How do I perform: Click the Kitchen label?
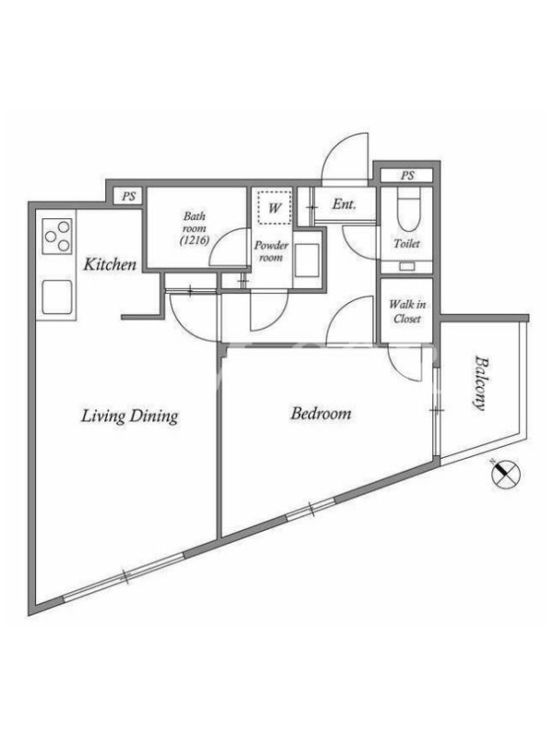pyautogui.click(x=110, y=264)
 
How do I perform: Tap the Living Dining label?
pyautogui.click(x=130, y=416)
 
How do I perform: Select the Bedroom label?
pyautogui.click(x=321, y=414)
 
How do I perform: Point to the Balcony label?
pyautogui.click(x=479, y=383)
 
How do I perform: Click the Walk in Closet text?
pyautogui.click(x=406, y=311)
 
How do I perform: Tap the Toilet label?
pyautogui.click(x=406, y=243)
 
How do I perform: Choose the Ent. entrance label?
pyautogui.click(x=344, y=205)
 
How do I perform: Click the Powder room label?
pyautogui.click(x=271, y=252)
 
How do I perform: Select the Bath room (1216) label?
pyautogui.click(x=194, y=228)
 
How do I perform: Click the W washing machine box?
pyautogui.click(x=275, y=206)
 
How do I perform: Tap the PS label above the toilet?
pyautogui.click(x=407, y=176)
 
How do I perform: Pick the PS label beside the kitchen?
pyautogui.click(x=129, y=196)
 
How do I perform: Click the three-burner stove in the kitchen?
pyautogui.click(x=57, y=236)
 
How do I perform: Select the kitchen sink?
pyautogui.click(x=57, y=297)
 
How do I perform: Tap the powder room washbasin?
pyautogui.click(x=307, y=261)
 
